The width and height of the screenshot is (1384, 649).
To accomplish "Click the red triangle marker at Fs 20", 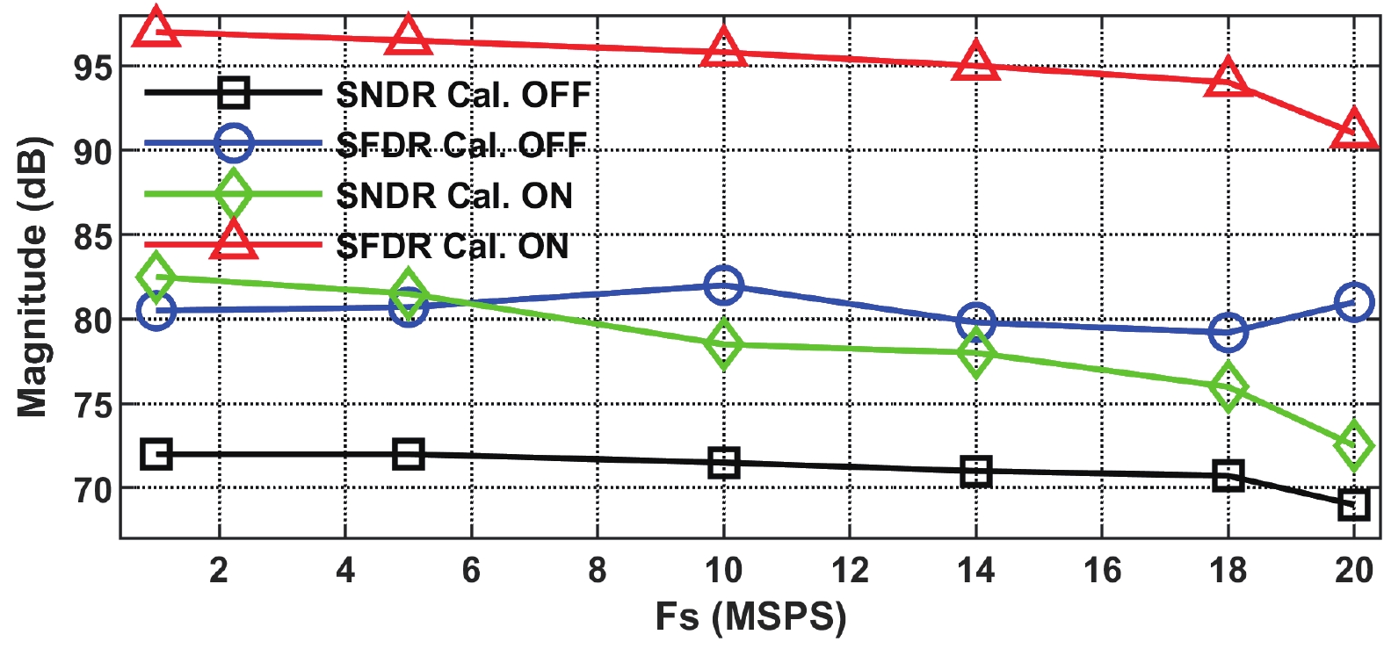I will click(1353, 131).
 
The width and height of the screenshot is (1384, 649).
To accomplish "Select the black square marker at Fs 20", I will click(1353, 504).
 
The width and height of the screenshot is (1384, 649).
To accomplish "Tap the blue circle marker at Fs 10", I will click(723, 285).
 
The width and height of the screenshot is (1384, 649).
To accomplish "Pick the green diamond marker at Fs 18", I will click(1228, 387).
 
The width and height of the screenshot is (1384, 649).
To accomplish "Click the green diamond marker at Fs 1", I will click(156, 278).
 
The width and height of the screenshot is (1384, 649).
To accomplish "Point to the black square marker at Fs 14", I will click(975, 472).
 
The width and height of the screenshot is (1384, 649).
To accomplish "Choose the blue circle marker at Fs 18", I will click(1228, 331).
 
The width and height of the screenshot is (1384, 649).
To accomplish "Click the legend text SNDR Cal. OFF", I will click(463, 95).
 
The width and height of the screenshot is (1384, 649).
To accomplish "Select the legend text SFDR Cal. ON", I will click(453, 247).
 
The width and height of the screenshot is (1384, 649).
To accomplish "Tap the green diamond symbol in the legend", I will click(234, 194).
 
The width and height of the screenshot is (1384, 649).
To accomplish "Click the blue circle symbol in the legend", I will click(234, 143).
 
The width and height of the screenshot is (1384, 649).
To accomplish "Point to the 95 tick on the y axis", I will click(92, 68).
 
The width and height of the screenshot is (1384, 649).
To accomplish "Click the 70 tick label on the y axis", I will click(92, 490).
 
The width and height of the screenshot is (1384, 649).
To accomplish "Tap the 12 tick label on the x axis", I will click(849, 571).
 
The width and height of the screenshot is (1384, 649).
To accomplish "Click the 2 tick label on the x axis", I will click(219, 571).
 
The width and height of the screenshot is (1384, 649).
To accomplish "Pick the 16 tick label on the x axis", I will click(1102, 571).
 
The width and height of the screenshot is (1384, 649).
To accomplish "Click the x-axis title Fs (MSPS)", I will click(750, 617).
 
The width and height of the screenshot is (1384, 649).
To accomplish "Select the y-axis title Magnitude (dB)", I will click(33, 277).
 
